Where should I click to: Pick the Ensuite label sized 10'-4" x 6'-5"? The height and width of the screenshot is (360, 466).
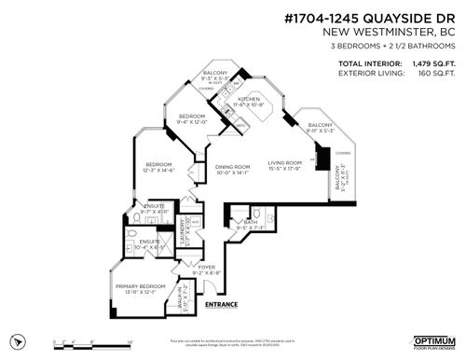pos(148,246)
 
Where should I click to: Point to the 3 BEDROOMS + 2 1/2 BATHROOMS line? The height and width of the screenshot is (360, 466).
pos(406,44)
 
